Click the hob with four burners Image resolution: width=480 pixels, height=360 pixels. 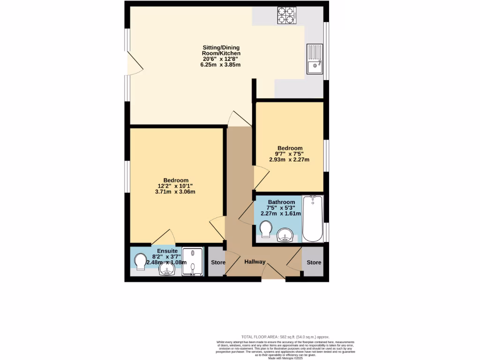click(288, 15)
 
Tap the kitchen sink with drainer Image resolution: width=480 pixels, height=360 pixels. click(315, 59)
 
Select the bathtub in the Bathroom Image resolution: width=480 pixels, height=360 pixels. click(313, 218)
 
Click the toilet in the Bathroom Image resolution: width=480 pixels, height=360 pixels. click(265, 230)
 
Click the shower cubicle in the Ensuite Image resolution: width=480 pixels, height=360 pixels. click(193, 261)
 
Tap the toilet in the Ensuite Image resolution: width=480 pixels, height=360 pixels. click(140, 262)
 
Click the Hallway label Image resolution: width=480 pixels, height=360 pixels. click(255, 262)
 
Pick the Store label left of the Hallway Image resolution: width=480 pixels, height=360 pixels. click(218, 262)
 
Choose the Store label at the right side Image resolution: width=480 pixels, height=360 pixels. click(314, 262)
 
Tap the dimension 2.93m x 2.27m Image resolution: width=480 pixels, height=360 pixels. click(289, 159)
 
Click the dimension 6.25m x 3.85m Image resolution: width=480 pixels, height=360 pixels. click(220, 65)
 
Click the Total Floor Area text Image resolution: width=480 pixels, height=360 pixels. click(285, 337)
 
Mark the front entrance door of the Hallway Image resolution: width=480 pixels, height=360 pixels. click(273, 273)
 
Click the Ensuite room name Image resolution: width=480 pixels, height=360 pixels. click(167, 251)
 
